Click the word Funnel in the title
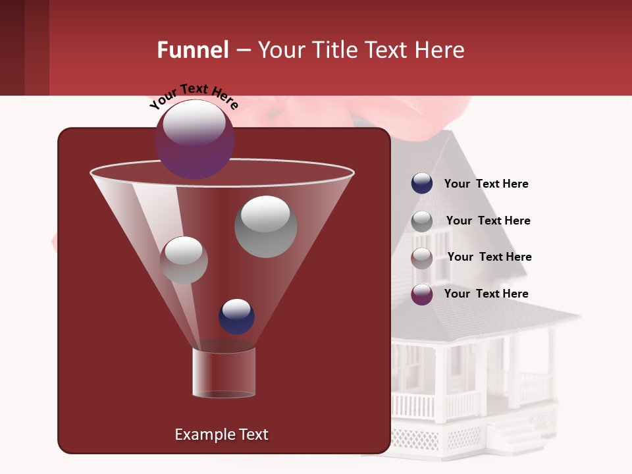tap(192, 50)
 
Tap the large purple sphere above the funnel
tap(195, 140)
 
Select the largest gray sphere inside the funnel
tap(265, 226)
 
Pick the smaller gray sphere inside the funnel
tap(184, 260)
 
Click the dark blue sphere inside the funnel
tap(236, 317)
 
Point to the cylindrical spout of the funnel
tap(223, 373)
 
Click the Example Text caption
tap(221, 434)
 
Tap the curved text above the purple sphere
tap(194, 96)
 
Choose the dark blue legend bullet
tap(422, 184)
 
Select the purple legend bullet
tap(422, 294)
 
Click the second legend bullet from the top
tap(422, 221)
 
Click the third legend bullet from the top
tap(422, 257)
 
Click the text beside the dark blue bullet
tap(486, 184)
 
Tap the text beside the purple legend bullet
tap(486, 294)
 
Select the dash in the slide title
tap(242, 51)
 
